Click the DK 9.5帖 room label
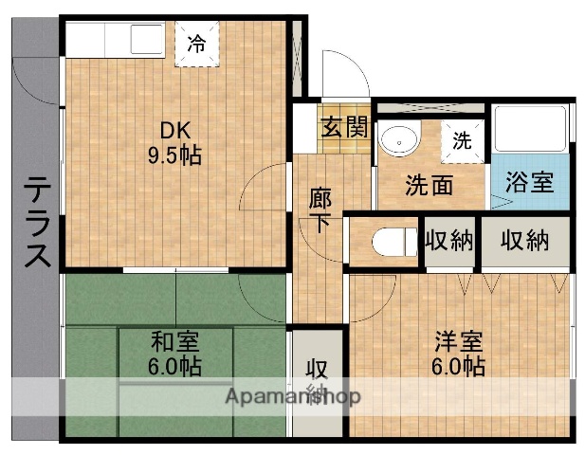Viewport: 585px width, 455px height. tap(174, 143)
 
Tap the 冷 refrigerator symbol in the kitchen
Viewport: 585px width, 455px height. tap(196, 43)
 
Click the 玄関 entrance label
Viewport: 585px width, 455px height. tap(343, 126)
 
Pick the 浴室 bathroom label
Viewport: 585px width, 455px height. tap(529, 182)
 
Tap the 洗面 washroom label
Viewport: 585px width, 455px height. tap(430, 185)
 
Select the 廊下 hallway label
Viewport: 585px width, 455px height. tap(320, 211)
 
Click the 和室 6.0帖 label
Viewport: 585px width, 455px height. tap(174, 353)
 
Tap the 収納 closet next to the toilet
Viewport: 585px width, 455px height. tap(448, 240)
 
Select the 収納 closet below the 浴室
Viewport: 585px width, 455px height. tap(524, 240)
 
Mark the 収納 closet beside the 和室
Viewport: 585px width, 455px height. tap(316, 380)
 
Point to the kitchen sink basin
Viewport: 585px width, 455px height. tap(148, 43)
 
